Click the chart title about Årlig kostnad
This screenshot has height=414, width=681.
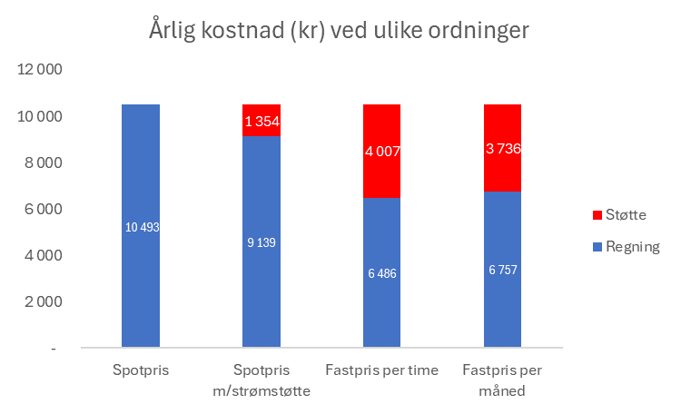(339, 30)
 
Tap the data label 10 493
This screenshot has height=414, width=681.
(141, 227)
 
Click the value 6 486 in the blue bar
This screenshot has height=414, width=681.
(382, 273)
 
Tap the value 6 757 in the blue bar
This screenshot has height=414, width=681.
(503, 271)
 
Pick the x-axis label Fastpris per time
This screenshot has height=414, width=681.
(381, 370)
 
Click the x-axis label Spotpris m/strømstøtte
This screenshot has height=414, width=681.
(262, 379)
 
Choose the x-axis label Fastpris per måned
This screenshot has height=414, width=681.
(502, 379)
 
